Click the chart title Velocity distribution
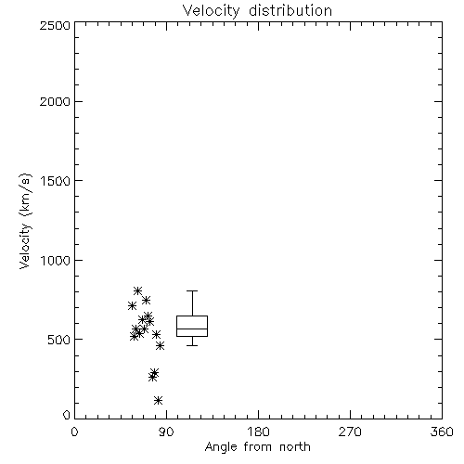tap(257, 11)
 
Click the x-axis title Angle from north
tap(257, 446)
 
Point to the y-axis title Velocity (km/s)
tap(25, 221)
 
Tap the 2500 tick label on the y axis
tap(55, 25)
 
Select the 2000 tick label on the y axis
tap(55, 101)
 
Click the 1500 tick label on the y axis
tap(56, 181)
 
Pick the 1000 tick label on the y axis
tap(56, 260)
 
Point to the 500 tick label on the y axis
tap(59, 340)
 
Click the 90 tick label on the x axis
tap(166, 432)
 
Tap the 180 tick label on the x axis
tap(258, 432)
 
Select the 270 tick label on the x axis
tap(350, 432)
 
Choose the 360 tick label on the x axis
tap(442, 432)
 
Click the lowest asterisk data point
tap(159, 401)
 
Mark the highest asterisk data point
tap(138, 290)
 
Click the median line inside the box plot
tap(192, 329)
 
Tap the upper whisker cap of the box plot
tap(192, 290)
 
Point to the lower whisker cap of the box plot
tap(192, 345)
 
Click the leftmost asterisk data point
tap(132, 306)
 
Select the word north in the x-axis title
tap(295, 446)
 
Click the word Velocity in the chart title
tap(211, 11)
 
